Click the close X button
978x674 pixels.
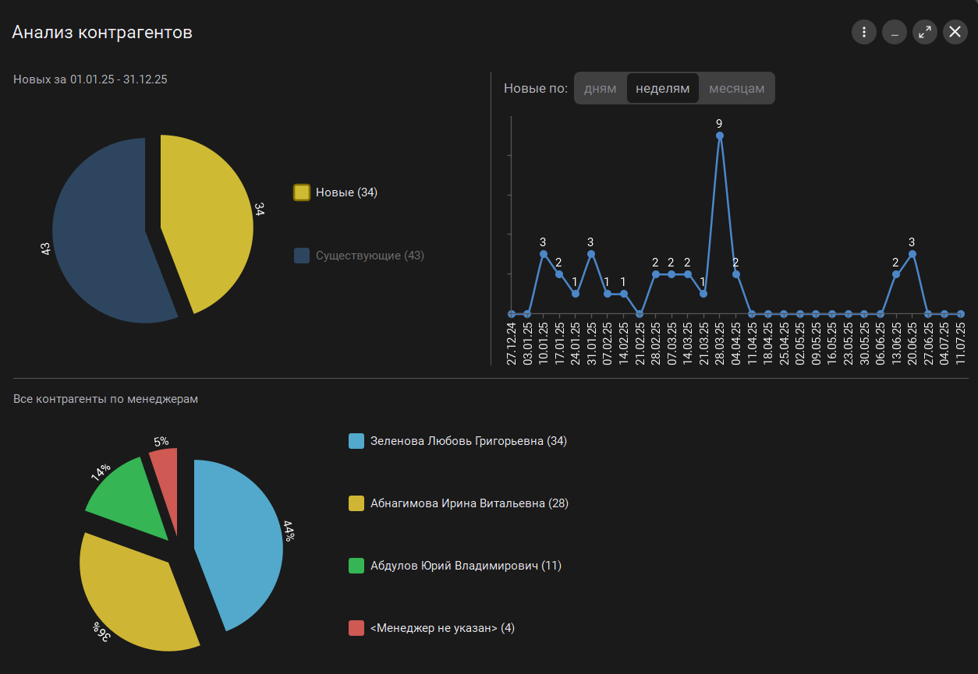[x=955, y=32]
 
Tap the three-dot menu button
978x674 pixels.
[x=864, y=32]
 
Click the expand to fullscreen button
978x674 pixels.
[x=924, y=32]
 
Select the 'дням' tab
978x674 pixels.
[x=601, y=88]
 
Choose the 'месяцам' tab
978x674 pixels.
[x=736, y=88]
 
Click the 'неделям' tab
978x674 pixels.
[x=663, y=88]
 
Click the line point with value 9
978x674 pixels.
[x=720, y=136]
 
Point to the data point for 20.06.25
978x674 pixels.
[x=912, y=254]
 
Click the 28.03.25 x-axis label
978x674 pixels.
[x=720, y=343]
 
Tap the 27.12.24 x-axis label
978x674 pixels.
[x=512, y=343]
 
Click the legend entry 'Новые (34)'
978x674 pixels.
[x=336, y=192]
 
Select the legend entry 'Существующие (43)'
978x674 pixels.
[x=360, y=256]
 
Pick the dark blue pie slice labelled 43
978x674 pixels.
[x=97, y=234]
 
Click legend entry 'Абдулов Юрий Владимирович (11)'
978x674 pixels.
[x=455, y=566]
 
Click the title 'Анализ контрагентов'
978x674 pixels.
[x=102, y=33]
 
